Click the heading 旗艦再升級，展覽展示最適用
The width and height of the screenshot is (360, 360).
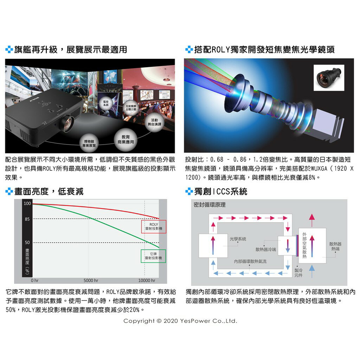pyautogui.click(x=70, y=50)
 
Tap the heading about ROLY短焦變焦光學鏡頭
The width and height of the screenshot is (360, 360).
pyautogui.click(x=264, y=50)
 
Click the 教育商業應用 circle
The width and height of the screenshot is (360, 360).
pyautogui.click(x=126, y=139)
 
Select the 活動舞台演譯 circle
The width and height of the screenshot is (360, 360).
pyautogui.click(x=155, y=122)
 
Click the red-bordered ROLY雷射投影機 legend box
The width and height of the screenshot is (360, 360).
pyautogui.click(x=154, y=226)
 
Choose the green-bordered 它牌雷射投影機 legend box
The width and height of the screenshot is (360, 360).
pyautogui.click(x=154, y=256)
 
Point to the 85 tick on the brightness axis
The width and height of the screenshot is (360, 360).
pyautogui.click(x=27, y=219)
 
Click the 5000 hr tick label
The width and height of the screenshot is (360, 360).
pyautogui.click(x=91, y=281)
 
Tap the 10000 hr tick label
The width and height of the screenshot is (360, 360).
pyautogui.click(x=147, y=281)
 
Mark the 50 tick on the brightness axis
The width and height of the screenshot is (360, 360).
pyautogui.click(x=27, y=243)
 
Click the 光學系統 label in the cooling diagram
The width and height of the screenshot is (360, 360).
pyautogui.click(x=238, y=239)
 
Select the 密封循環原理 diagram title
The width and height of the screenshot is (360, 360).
pyautogui.click(x=210, y=205)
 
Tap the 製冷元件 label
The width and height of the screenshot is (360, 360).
pyautogui.click(x=298, y=272)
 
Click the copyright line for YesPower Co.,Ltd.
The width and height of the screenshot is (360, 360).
pyautogui.click(x=180, y=321)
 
